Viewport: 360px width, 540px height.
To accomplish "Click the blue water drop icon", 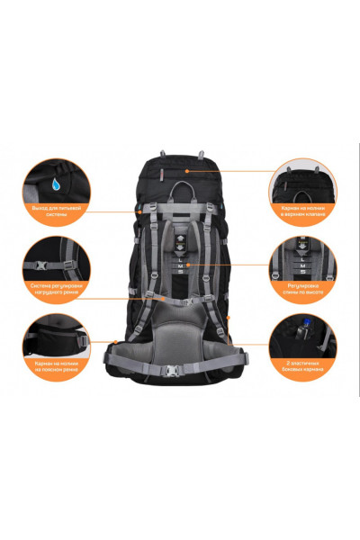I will pyautogui.click(x=58, y=185).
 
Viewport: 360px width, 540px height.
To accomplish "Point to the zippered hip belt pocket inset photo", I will pyautogui.click(x=55, y=343).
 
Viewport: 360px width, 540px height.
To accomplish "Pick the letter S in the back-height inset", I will pyautogui.click(x=304, y=276).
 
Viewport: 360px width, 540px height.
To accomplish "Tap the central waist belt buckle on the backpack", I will pyautogui.click(x=180, y=368).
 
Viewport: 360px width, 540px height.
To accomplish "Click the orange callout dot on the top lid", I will pyautogui.click(x=187, y=170).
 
